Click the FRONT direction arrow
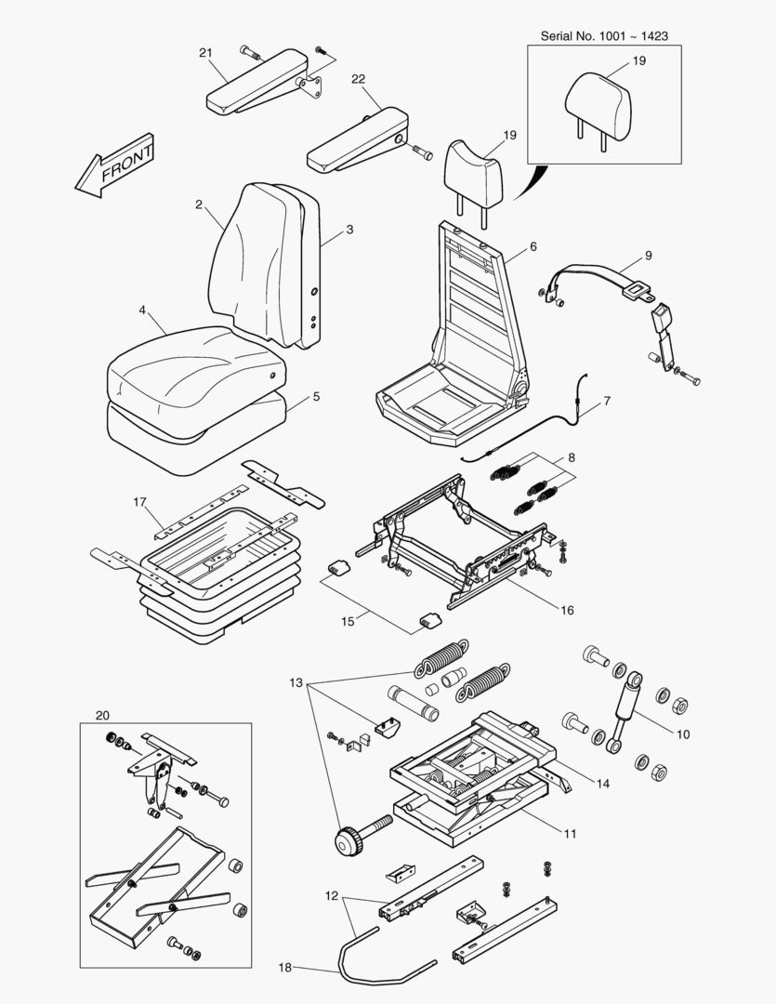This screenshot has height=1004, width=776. click(x=115, y=166)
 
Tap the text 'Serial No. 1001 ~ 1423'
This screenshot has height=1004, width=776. click(x=604, y=35)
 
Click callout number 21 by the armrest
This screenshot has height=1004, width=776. click(x=205, y=52)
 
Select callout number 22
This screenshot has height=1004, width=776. click(x=358, y=79)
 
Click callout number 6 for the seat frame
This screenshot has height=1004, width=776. click(x=533, y=247)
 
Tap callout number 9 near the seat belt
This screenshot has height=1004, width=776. click(x=648, y=255)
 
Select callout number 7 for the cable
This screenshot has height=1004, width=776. click(x=607, y=402)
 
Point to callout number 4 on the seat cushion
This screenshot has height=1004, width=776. click(x=143, y=310)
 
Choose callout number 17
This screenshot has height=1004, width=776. click(x=140, y=503)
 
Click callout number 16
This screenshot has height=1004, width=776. click(x=567, y=611)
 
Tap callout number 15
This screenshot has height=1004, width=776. click(x=348, y=621)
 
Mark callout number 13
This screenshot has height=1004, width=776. click(x=296, y=683)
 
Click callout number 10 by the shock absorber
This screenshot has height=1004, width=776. click(x=682, y=734)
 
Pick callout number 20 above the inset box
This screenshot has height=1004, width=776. click(x=102, y=715)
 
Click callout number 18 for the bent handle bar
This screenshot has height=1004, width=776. click(x=285, y=968)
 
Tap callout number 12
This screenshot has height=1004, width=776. click(x=331, y=897)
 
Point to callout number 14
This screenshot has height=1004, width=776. click(x=603, y=784)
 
